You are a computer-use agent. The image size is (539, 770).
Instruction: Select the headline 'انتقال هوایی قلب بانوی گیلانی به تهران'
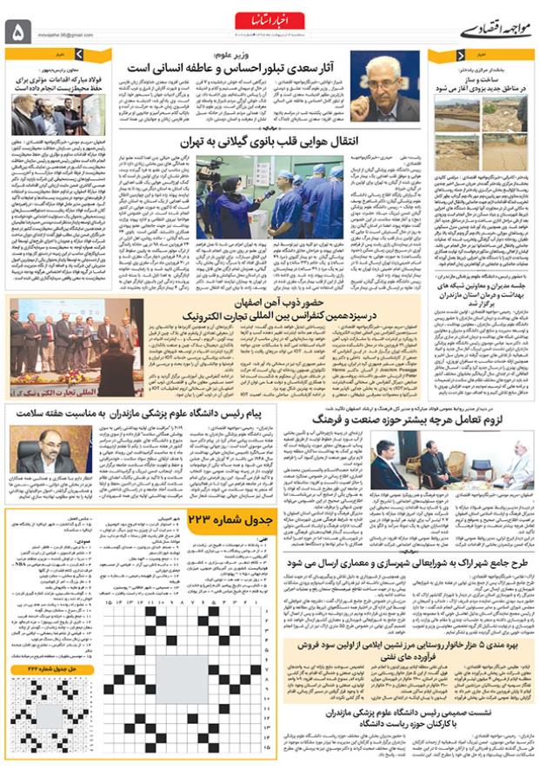[x=269, y=140]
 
